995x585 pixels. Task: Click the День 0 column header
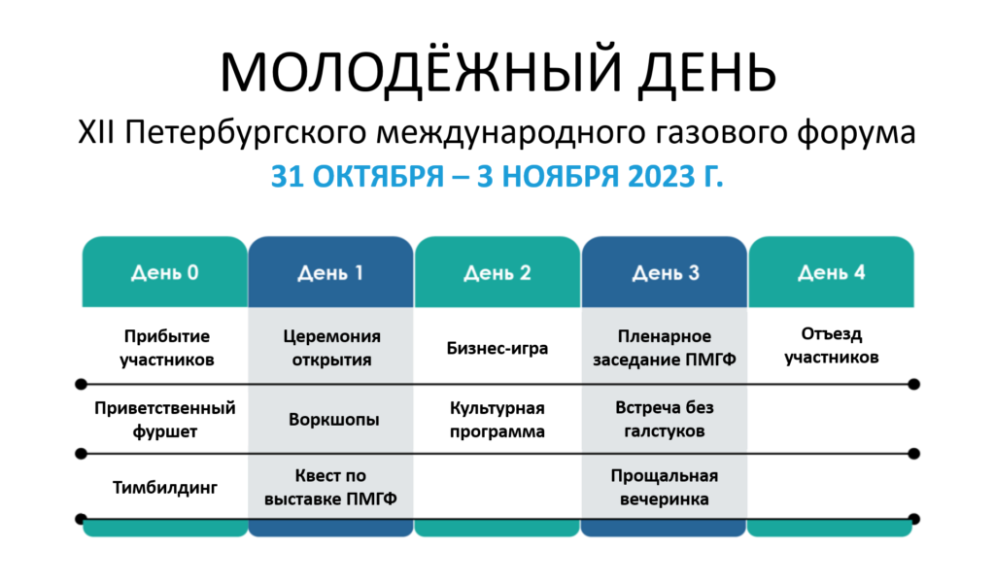click(165, 272)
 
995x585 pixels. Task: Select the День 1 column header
click(330, 272)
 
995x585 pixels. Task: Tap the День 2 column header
click(497, 272)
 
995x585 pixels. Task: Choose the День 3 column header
click(665, 272)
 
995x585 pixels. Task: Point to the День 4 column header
click(832, 272)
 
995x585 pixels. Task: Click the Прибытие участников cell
click(167, 348)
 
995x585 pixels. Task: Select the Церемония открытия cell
click(332, 348)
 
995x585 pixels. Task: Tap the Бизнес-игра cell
click(497, 348)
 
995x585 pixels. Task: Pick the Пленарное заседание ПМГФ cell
click(665, 348)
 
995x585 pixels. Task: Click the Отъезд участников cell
click(832, 346)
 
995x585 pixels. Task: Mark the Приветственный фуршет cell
click(165, 420)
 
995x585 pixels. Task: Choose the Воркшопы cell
click(334, 420)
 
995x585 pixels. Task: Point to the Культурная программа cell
click(497, 420)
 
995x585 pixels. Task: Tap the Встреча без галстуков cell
click(665, 419)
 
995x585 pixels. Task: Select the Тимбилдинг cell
click(165, 487)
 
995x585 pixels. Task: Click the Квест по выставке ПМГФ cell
click(330, 487)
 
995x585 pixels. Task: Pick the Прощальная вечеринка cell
click(665, 487)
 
